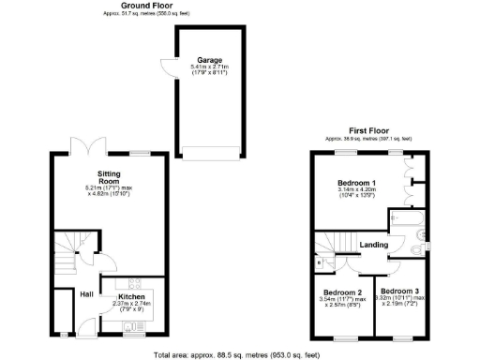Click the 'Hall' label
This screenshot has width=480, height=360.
click(85, 294)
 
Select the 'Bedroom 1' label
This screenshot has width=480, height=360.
click(356, 183)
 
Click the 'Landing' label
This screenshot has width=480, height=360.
click(374, 246)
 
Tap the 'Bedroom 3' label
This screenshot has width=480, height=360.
click(400, 291)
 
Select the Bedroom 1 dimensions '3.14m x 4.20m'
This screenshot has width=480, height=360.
click(356, 191)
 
